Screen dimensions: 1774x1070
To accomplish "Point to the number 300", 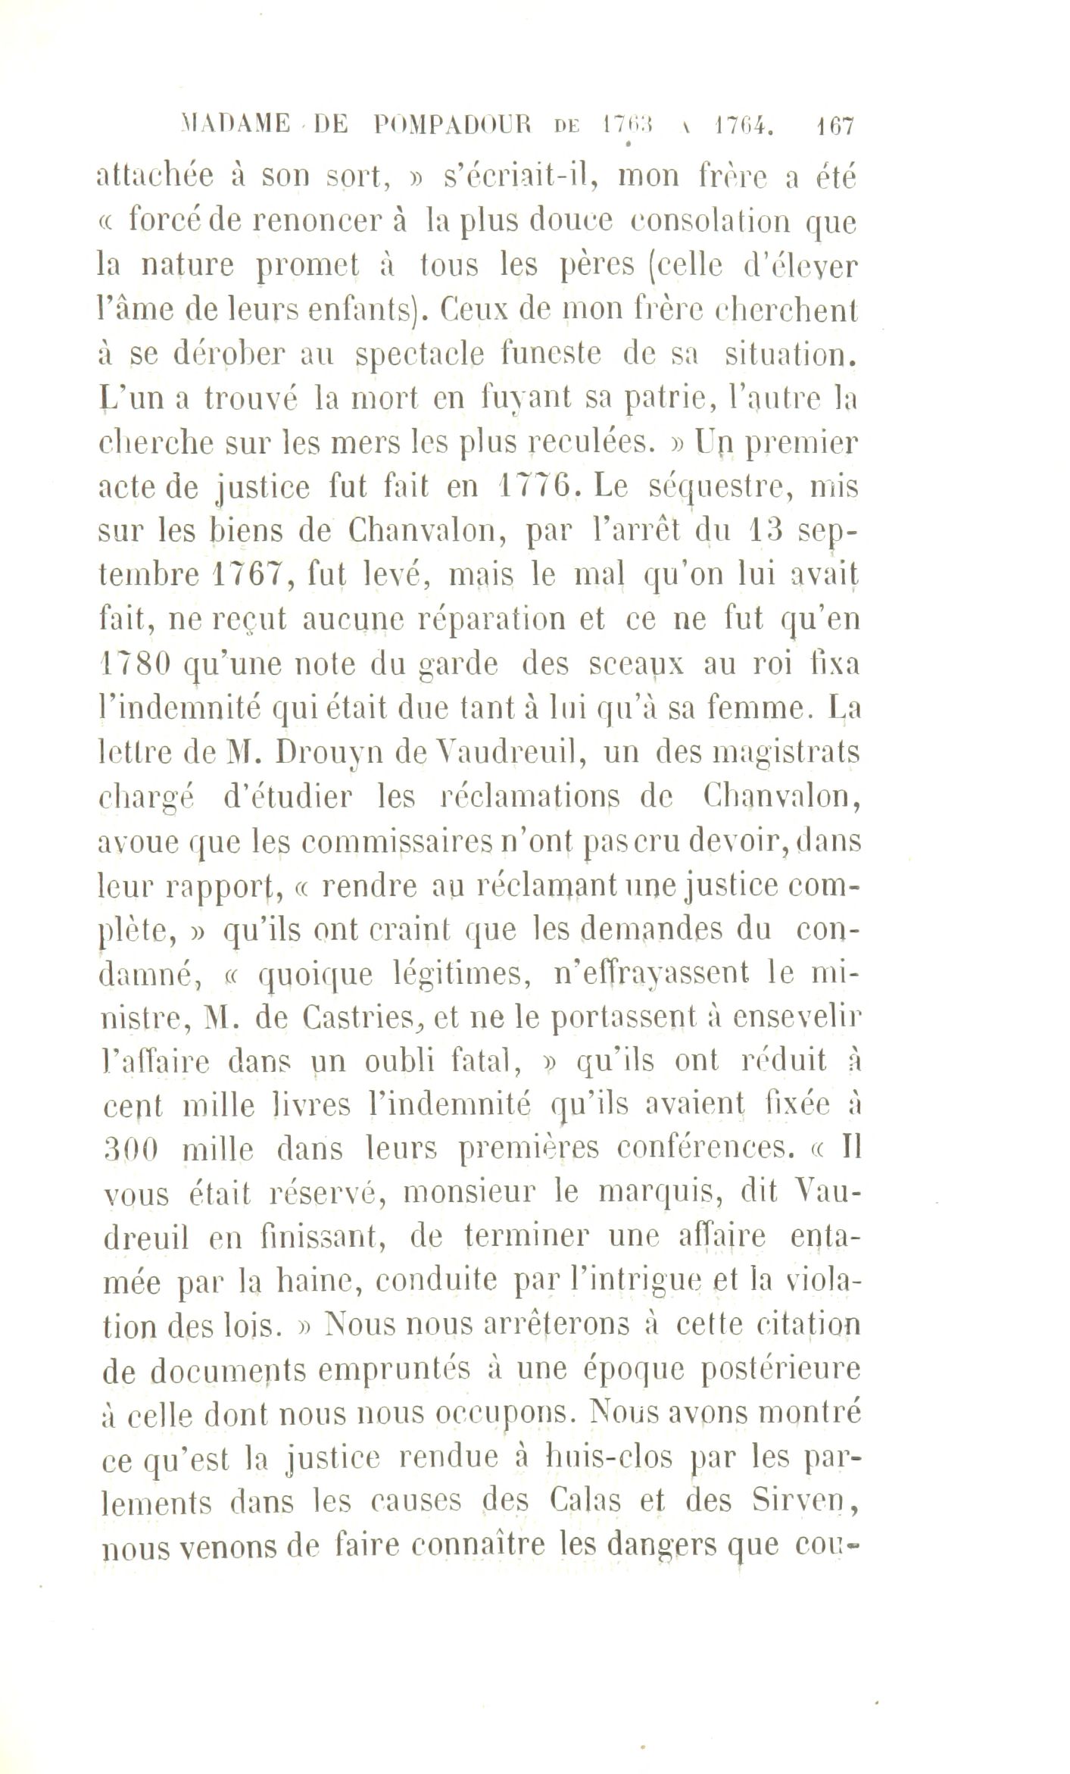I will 129,1150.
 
